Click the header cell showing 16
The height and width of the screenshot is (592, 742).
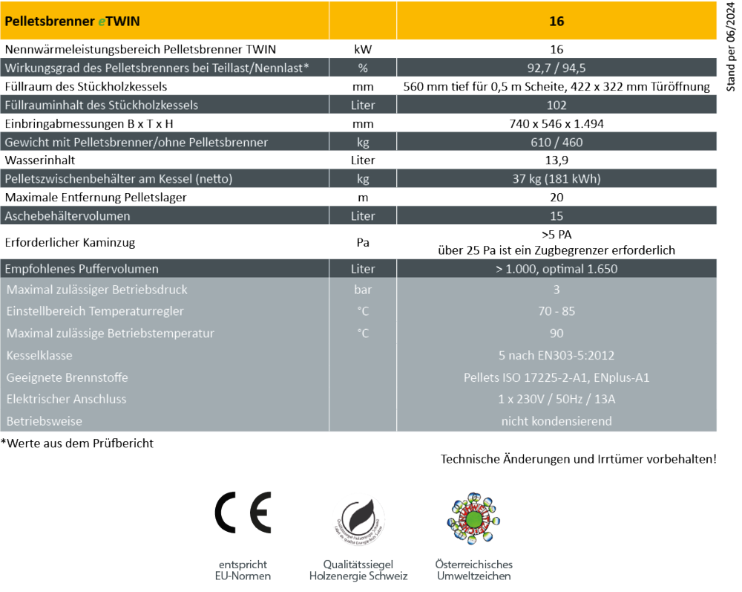coord(556,22)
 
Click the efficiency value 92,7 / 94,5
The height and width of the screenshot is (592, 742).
coord(556,68)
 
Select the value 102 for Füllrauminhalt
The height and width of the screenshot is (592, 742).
coord(556,105)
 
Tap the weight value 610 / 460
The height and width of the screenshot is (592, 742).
coord(556,142)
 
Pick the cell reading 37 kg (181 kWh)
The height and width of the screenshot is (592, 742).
coord(556,179)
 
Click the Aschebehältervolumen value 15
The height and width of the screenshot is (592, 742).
coord(556,216)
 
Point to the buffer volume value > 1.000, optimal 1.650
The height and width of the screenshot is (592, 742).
coord(556,269)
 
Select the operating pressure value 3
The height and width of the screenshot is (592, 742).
coord(556,290)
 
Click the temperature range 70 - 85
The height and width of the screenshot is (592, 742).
coord(556,311)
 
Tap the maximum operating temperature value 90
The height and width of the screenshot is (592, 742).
coord(556,334)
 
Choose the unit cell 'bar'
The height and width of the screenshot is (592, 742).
coord(363,290)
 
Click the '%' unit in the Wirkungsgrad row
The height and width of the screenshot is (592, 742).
coord(363,68)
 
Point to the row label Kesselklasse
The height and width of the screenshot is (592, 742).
coord(39,356)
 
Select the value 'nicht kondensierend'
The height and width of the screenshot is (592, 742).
coord(556,421)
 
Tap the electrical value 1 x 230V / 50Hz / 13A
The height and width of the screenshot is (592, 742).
coord(556,400)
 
